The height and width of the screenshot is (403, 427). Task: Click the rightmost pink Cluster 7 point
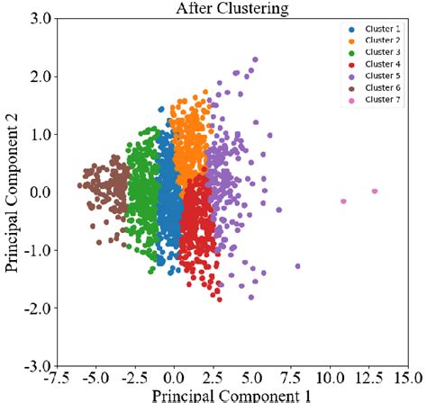[x=375, y=191]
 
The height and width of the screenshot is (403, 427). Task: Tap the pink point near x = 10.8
[x=343, y=201]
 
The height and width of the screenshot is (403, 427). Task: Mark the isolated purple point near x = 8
[x=298, y=265]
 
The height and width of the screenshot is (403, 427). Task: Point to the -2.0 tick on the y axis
[x=39, y=309]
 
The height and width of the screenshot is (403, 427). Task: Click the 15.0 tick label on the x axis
[x=407, y=377]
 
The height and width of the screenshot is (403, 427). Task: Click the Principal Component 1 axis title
[x=232, y=394]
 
